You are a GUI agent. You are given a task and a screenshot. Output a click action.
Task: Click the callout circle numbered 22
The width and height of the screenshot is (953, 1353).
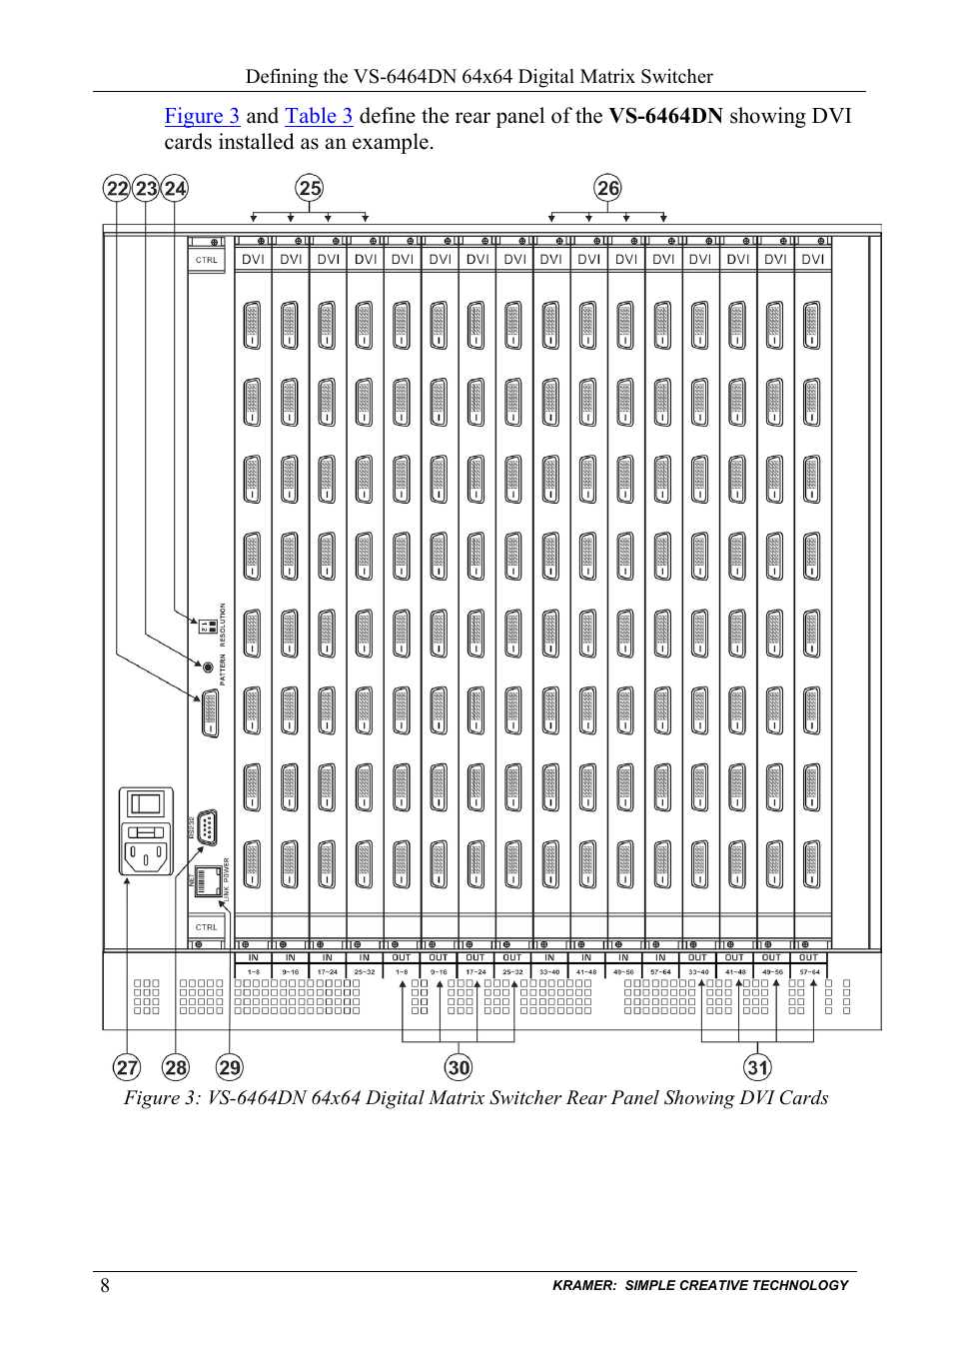[118, 188]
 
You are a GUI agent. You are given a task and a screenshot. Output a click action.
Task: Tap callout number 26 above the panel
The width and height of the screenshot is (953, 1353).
[607, 188]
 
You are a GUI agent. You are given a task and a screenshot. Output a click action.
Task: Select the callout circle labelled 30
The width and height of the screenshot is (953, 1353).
[459, 1067]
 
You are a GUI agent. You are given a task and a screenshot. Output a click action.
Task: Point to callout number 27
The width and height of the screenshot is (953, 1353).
[127, 1067]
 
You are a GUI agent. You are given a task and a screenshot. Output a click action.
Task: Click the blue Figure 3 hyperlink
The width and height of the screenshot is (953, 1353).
[202, 116]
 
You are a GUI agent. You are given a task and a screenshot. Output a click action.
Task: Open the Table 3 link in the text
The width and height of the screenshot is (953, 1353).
[319, 116]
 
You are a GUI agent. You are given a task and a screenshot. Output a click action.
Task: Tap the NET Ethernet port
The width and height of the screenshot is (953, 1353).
[207, 881]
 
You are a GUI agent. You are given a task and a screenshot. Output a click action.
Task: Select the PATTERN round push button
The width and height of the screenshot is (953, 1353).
[208, 667]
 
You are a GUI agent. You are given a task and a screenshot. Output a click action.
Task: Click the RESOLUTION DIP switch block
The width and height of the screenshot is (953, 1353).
[208, 627]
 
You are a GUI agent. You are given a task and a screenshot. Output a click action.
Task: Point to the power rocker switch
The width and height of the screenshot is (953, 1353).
[146, 803]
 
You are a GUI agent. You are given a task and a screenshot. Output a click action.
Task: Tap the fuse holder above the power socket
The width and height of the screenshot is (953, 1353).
[146, 831]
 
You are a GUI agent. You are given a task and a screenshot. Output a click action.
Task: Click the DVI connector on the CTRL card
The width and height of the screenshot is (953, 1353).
[210, 713]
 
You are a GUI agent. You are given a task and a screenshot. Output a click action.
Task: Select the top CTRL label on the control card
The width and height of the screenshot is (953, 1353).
[207, 260]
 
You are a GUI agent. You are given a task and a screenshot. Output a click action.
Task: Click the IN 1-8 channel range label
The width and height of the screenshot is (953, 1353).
[254, 964]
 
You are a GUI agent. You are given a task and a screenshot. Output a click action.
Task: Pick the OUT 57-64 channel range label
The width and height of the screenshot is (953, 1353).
[809, 964]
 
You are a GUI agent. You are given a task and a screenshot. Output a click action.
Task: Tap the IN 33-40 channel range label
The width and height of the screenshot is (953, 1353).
[549, 964]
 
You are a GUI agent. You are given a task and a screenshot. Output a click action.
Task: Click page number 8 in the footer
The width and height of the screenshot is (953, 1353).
[105, 1285]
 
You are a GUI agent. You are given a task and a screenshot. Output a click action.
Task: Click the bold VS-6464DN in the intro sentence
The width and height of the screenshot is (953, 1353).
[665, 116]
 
